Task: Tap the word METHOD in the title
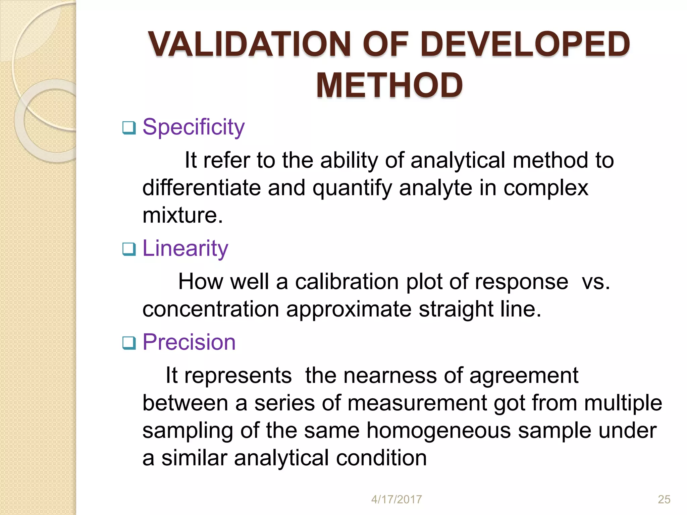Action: pyautogui.click(x=389, y=85)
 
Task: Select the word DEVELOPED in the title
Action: pyautogui.click(x=525, y=44)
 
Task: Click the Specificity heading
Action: pyautogui.click(x=194, y=127)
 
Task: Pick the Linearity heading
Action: pyautogui.click(x=185, y=248)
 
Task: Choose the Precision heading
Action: pyautogui.click(x=189, y=342)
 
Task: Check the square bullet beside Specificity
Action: pyautogui.click(x=129, y=128)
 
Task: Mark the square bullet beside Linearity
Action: pyautogui.click(x=129, y=249)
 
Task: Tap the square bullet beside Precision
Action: pyautogui.click(x=129, y=343)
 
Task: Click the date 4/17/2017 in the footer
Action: pyautogui.click(x=397, y=500)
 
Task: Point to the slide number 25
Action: pyautogui.click(x=664, y=500)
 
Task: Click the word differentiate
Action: pyautogui.click(x=202, y=187)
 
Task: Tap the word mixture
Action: pyautogui.click(x=182, y=215)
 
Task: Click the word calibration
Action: pyautogui.click(x=347, y=281)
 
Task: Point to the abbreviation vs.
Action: pyautogui.click(x=596, y=282)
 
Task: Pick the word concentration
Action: pyautogui.click(x=211, y=309)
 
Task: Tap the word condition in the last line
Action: pyautogui.click(x=381, y=458)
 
